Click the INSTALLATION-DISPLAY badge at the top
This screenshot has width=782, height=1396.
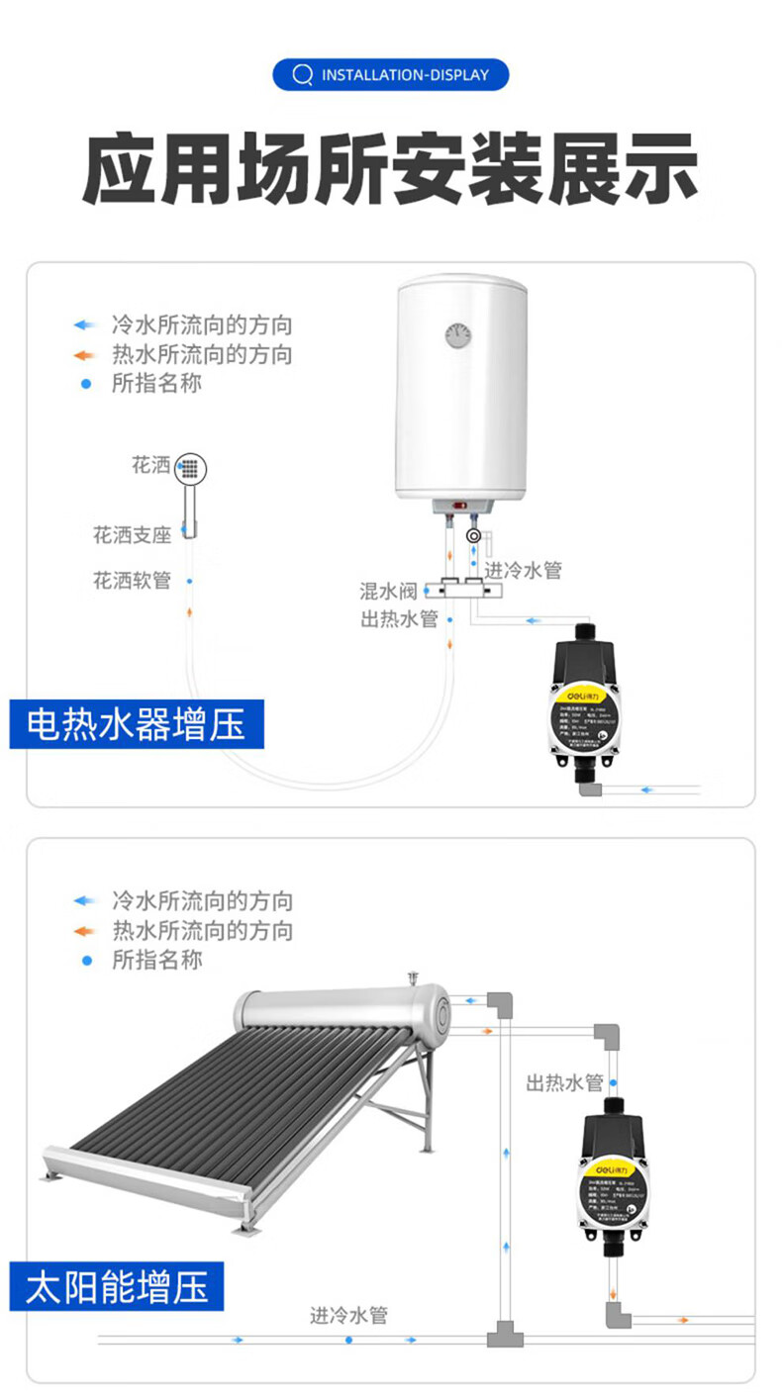click(x=391, y=75)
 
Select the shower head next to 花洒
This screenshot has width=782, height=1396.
click(x=191, y=468)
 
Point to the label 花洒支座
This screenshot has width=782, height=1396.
click(x=133, y=535)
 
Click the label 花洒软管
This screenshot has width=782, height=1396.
click(x=133, y=580)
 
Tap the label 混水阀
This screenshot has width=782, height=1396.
click(x=388, y=592)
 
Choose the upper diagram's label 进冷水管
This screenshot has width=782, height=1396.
click(x=523, y=570)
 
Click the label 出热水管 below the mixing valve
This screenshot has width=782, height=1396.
click(x=399, y=619)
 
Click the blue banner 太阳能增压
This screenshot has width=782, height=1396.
click(x=117, y=1289)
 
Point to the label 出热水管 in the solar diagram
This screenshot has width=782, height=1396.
click(x=564, y=1082)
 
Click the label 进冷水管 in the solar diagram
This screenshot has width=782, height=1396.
click(x=348, y=1315)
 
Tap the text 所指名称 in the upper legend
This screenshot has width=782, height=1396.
click(x=156, y=383)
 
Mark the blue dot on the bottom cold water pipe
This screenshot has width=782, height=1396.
click(x=348, y=1340)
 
